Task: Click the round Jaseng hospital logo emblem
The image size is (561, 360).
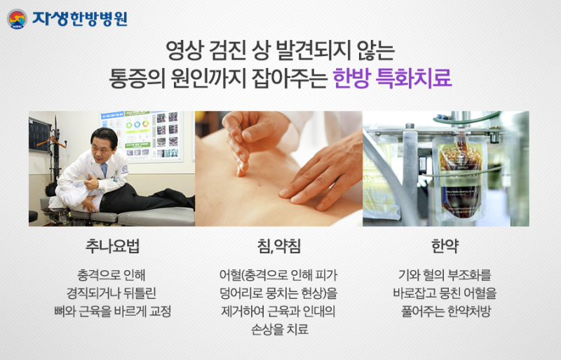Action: tap(17, 19)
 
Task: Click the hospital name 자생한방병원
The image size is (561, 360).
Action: tap(80, 19)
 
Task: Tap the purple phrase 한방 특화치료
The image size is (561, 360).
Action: tap(392, 78)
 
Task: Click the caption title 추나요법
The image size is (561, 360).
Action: tap(112, 246)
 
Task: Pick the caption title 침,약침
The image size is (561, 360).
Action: tap(279, 246)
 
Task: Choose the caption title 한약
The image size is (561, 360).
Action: tap(445, 246)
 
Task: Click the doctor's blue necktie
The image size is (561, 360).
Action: tap(104, 170)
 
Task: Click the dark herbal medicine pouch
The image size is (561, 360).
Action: tap(459, 178)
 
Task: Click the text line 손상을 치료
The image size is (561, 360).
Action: tap(279, 329)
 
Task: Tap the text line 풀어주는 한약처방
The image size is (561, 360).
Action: tap(445, 311)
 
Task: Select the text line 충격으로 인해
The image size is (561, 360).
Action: tap(111, 275)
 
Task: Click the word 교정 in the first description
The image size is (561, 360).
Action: tap(160, 311)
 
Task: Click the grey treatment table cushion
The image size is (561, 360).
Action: tap(156, 216)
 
